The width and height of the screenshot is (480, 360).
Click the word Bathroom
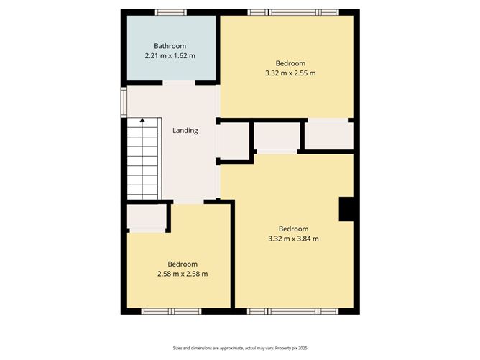pyautogui.click(x=170, y=46)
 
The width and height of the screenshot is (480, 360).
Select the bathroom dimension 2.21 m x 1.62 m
pyautogui.click(x=170, y=56)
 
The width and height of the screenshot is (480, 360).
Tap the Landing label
pyautogui.click(x=185, y=131)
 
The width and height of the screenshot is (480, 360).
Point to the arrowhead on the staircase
pyautogui.click(x=142, y=120)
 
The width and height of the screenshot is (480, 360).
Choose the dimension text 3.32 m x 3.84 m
pyautogui.click(x=293, y=239)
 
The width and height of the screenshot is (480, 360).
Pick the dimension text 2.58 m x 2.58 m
pyautogui.click(x=183, y=274)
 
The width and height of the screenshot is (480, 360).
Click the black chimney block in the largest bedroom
pyautogui.click(x=346, y=209)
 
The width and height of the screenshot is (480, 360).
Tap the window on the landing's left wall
pyautogui.click(x=123, y=101)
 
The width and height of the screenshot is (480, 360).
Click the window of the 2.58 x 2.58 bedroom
pyautogui.click(x=170, y=311)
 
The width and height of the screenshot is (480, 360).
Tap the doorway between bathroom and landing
pyautogui.click(x=178, y=83)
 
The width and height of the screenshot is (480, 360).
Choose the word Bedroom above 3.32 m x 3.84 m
pyautogui.click(x=293, y=229)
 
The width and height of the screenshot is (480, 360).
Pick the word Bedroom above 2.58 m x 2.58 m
pyautogui.click(x=183, y=264)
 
